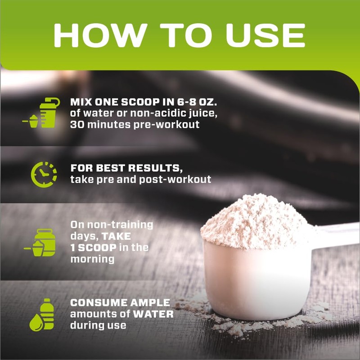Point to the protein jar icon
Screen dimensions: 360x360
point(42,243)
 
